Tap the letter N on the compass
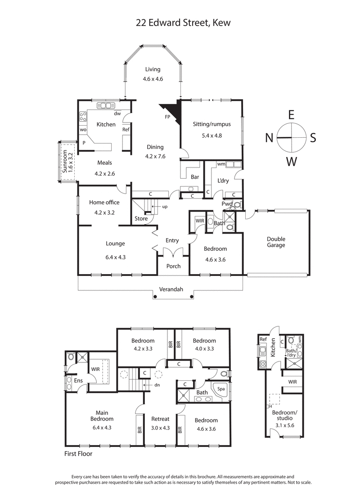pyautogui.click(x=269, y=138)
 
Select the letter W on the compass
pyautogui.click(x=292, y=161)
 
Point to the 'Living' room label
pyautogui.click(x=153, y=69)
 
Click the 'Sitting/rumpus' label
pyautogui.click(x=211, y=124)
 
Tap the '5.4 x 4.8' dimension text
pyautogui.click(x=211, y=135)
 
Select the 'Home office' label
pyautogui.click(x=104, y=203)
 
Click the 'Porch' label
pyautogui.click(x=173, y=266)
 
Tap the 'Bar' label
pyautogui.click(x=195, y=177)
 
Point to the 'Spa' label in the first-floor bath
pyautogui.click(x=220, y=389)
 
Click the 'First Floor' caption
pyautogui.click(x=78, y=454)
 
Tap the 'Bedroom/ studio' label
pyautogui.click(x=284, y=416)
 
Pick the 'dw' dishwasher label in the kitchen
pyautogui.click(x=117, y=113)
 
